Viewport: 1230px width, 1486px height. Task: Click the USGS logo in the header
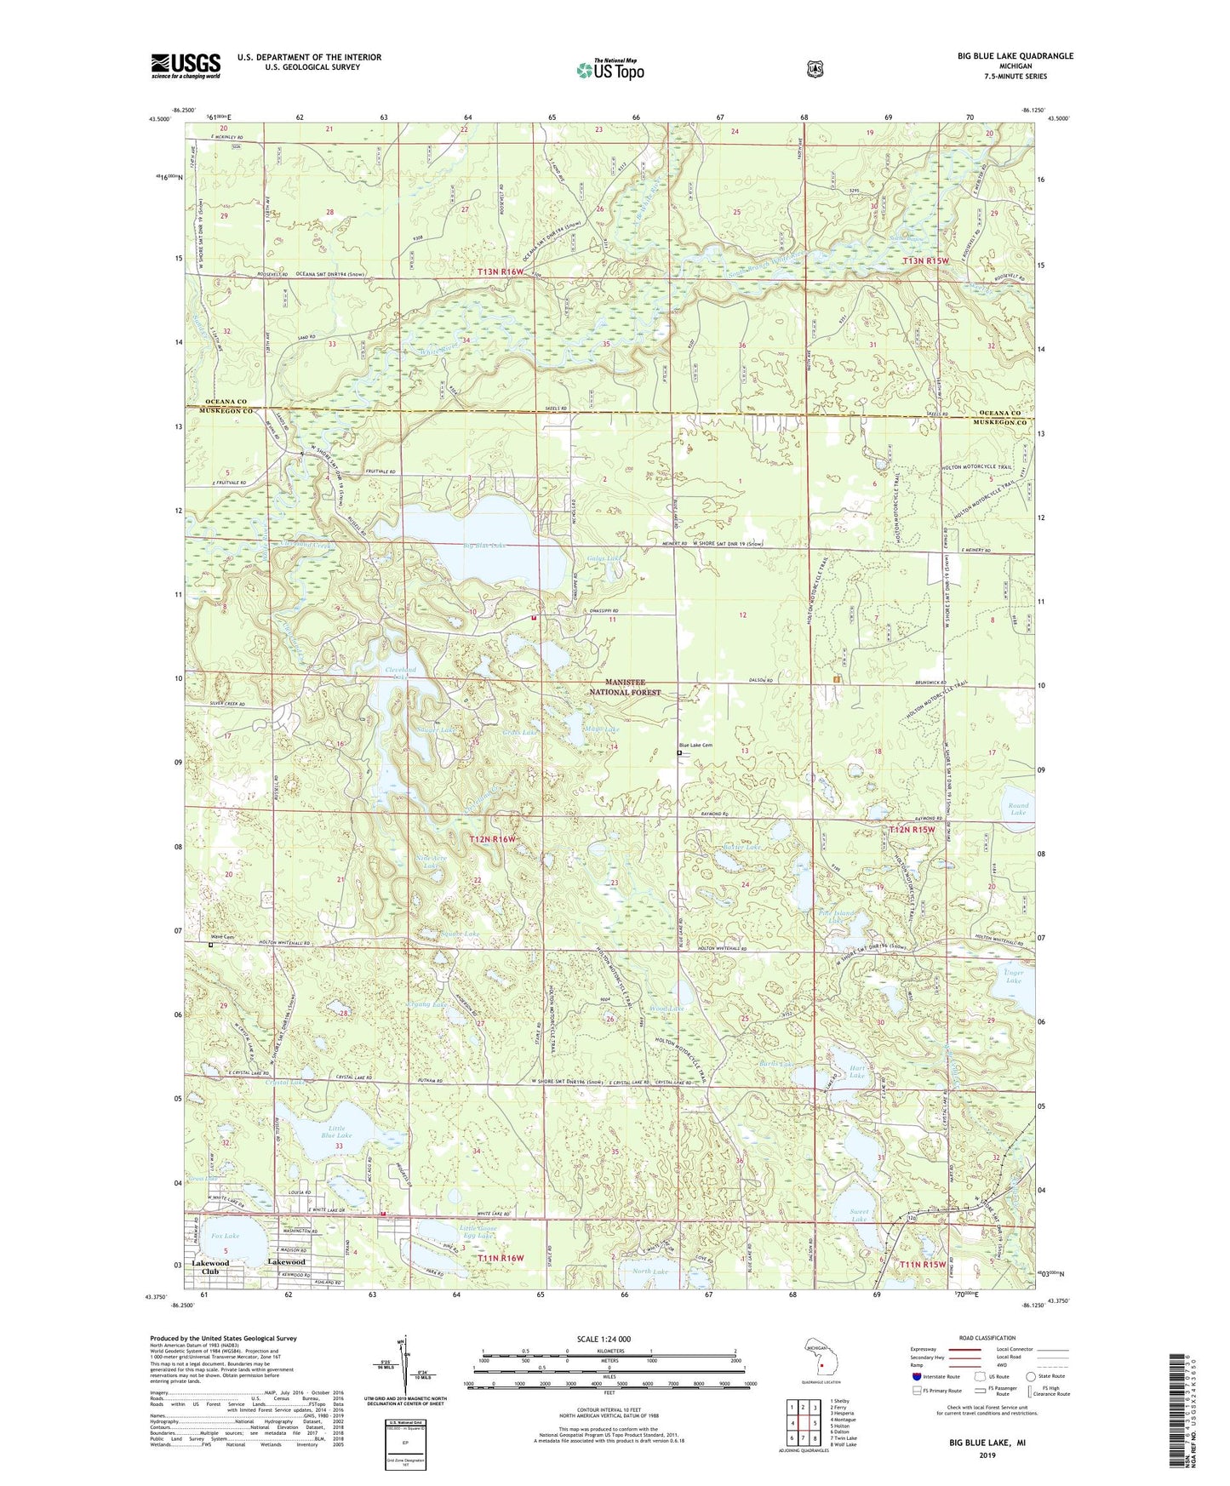click(x=186, y=65)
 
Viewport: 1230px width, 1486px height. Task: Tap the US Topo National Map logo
click(x=609, y=70)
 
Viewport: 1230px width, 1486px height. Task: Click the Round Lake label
click(x=1018, y=809)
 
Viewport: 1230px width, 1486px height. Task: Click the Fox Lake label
click(x=226, y=1235)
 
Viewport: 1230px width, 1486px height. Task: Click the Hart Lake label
click(x=857, y=1072)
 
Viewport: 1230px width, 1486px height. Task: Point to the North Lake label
click(x=650, y=1272)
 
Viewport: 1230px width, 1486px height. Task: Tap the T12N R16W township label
click(x=493, y=839)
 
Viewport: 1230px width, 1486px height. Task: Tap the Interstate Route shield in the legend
click(x=916, y=1375)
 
